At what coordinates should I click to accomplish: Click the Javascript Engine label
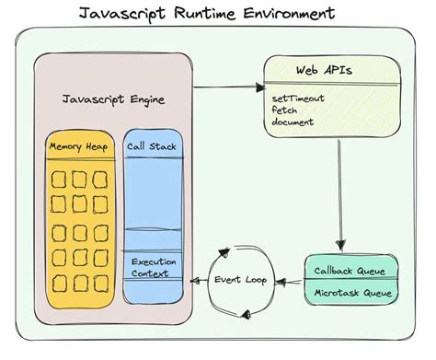tap(112, 99)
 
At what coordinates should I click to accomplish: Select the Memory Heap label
tap(79, 146)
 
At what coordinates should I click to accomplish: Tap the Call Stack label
tap(154, 146)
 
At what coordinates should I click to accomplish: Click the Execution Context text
tap(154, 268)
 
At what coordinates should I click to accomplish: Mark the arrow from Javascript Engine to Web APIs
tap(226, 87)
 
